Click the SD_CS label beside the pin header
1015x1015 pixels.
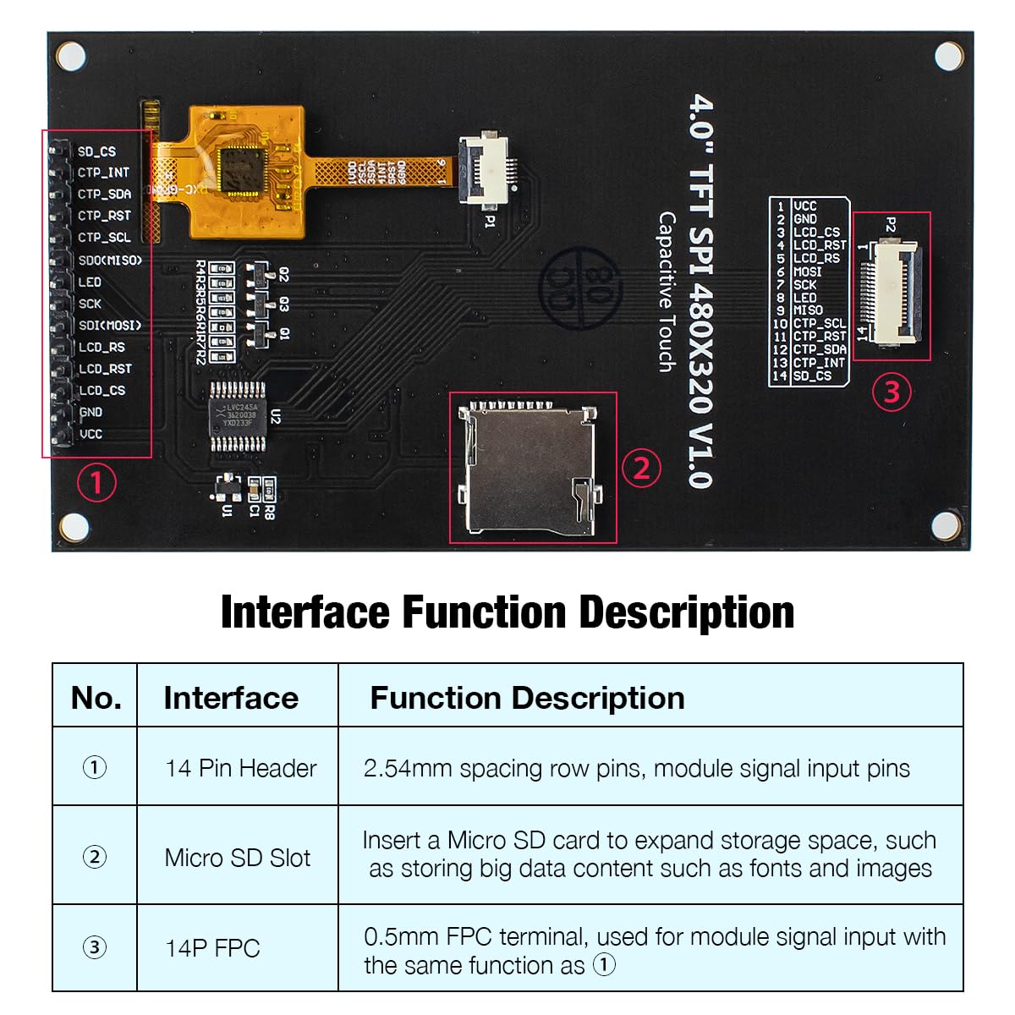point(96,151)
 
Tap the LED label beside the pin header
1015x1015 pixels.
point(89,282)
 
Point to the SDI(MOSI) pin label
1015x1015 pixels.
point(109,325)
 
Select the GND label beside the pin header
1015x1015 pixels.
point(90,412)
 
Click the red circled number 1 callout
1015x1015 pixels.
point(96,483)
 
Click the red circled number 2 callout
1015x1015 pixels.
point(641,468)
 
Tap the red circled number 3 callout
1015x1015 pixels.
point(892,392)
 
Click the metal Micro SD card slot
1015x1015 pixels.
point(529,468)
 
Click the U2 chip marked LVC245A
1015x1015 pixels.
point(237,416)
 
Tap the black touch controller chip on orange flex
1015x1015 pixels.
point(244,171)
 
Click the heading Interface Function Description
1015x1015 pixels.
point(507,612)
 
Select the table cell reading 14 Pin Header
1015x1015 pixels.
point(240,768)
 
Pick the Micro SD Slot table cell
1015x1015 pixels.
point(238,858)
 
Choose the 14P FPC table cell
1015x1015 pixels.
point(212,948)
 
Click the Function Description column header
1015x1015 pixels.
point(527,698)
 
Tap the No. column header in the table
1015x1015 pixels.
point(96,698)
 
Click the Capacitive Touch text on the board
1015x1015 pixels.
point(667,292)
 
